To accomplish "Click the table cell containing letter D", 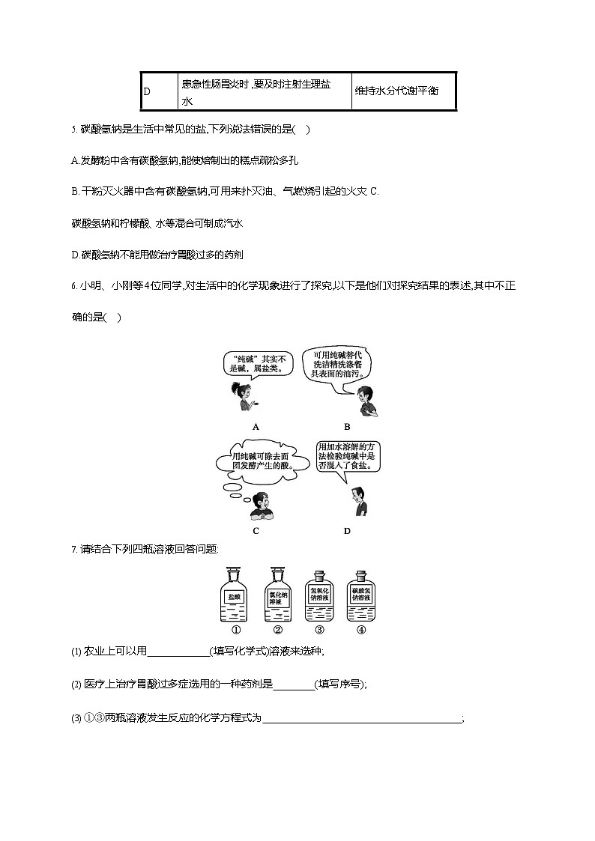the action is (158, 91).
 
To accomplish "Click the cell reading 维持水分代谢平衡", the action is (403, 91).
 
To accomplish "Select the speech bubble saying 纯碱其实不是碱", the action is (250, 364).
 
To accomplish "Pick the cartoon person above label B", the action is (366, 400).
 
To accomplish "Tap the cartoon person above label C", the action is (261, 506).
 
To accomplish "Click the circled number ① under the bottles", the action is (235, 629).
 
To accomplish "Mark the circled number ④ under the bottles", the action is (360, 629).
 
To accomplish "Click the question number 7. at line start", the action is (75, 550).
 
